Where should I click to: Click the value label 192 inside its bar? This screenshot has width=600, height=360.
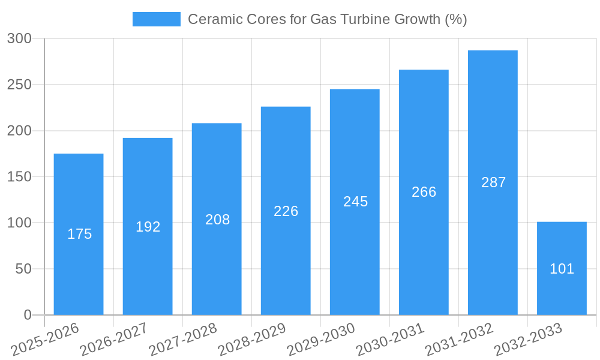(148, 227)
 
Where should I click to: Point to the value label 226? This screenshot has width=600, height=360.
(286, 211)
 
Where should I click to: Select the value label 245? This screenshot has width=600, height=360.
(355, 202)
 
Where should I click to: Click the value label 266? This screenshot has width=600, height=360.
(424, 192)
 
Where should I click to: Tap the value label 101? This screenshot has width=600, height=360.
(562, 269)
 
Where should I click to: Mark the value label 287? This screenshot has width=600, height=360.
(493, 182)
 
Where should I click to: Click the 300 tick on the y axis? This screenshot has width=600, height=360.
(19, 39)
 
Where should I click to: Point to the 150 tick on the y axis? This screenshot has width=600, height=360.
(19, 177)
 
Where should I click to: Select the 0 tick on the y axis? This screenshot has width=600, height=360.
(27, 315)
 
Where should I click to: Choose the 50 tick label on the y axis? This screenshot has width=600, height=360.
(23, 269)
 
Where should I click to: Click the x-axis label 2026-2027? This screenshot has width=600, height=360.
(113, 340)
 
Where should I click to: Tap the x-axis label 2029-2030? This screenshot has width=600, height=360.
(320, 340)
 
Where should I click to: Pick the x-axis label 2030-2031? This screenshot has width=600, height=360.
(389, 340)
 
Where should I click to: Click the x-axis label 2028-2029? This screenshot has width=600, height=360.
(251, 340)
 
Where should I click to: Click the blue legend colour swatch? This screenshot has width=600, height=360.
(157, 19)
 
